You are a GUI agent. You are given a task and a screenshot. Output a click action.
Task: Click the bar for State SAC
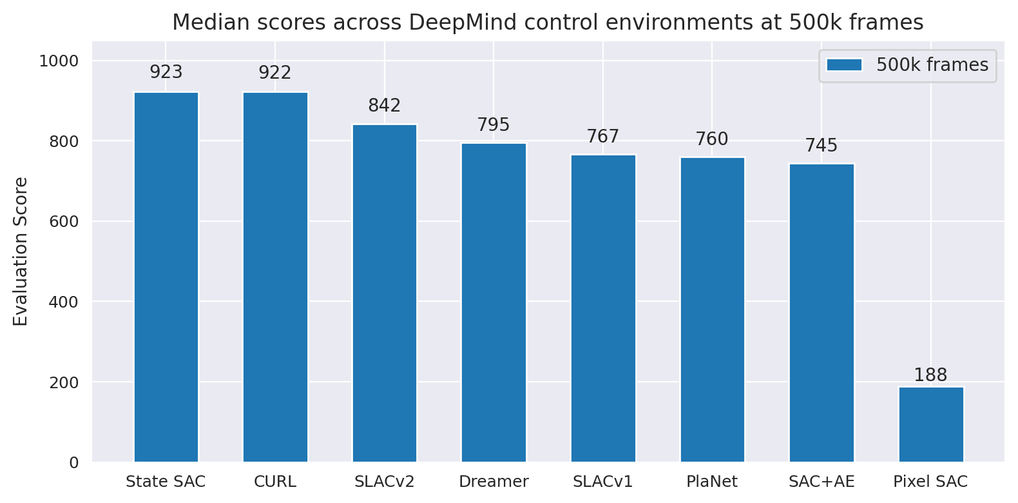166,277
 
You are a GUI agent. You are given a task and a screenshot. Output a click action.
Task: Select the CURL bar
275,277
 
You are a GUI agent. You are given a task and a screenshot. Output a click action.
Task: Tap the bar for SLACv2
385,293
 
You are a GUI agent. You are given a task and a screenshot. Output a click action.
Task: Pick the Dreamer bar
494,302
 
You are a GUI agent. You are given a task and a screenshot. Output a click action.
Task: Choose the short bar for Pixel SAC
931,424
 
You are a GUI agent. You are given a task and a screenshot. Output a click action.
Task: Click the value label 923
166,72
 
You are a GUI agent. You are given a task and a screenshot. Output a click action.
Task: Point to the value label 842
385,105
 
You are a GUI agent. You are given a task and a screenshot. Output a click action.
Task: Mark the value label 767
603,136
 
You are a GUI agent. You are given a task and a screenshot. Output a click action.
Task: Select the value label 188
931,375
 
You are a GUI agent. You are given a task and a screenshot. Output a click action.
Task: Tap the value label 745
821,145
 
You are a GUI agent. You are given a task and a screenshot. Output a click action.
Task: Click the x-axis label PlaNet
712,482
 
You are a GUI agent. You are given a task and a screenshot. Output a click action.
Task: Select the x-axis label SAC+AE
821,482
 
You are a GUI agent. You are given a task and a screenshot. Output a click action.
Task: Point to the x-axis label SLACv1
603,482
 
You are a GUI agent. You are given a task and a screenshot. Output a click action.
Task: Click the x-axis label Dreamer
494,482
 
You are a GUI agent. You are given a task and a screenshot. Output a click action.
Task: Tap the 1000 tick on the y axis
59,61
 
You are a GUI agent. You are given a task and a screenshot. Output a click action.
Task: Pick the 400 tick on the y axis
64,302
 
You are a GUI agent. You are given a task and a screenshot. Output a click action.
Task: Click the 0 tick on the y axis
73,462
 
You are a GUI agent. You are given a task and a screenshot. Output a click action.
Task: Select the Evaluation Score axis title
21,252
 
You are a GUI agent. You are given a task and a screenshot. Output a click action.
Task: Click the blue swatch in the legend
844,64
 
